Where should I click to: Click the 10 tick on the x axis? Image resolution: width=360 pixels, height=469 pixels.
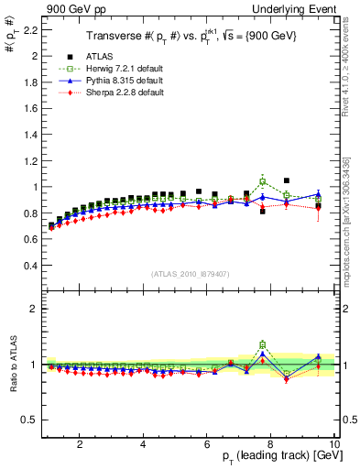[334, 444]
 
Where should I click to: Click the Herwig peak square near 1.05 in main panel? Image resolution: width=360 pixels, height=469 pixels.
[263, 181]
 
